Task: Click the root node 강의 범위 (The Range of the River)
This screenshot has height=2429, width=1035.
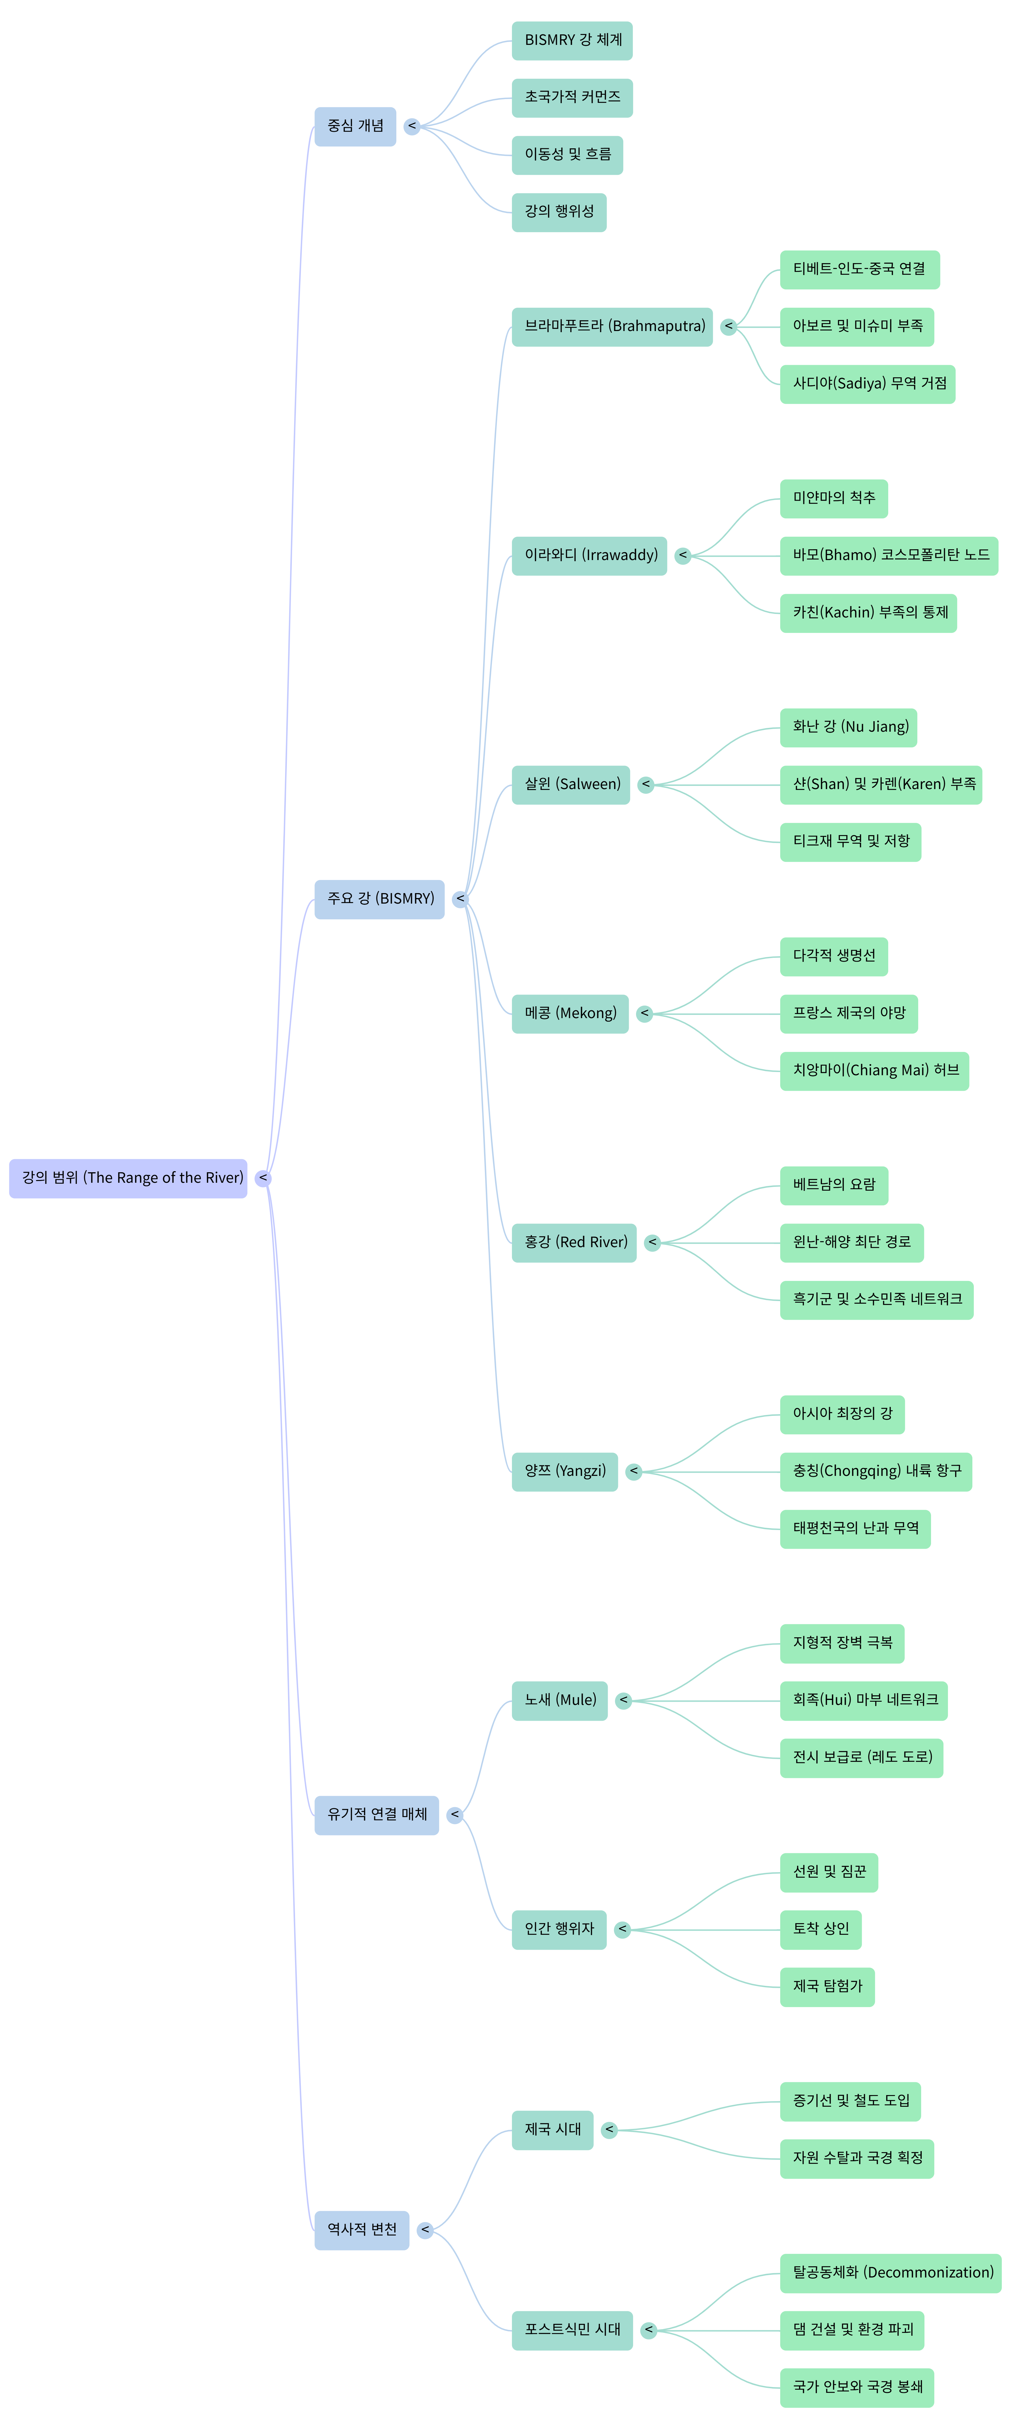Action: point(128,1178)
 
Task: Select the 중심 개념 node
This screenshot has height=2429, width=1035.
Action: point(355,126)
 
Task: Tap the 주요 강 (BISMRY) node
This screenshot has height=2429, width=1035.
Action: point(380,899)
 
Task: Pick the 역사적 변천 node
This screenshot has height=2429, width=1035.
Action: point(362,2230)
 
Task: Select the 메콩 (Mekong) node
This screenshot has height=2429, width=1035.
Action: point(570,1014)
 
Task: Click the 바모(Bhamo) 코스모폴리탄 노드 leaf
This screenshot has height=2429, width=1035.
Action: point(889,555)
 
